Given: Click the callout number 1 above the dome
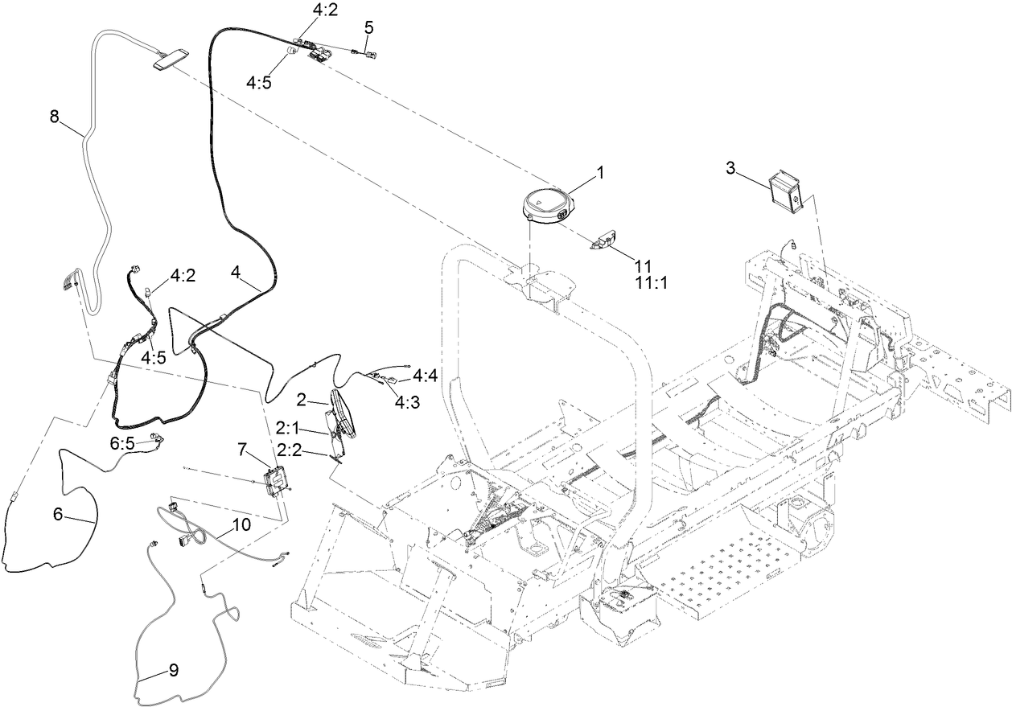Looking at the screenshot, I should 599,173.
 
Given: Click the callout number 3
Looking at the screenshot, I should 730,167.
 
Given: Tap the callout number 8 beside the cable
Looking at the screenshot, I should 55,117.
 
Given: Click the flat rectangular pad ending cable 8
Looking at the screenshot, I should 170,57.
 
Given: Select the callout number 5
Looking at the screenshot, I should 368,27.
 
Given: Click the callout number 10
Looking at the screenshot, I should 242,524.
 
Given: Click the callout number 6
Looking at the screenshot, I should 58,515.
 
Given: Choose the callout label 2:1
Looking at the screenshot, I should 289,426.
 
